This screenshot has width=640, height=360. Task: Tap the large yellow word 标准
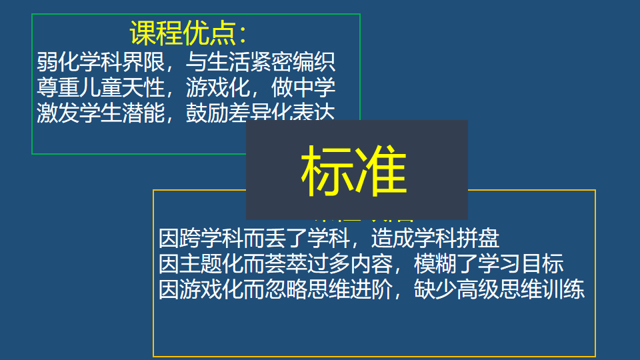[353, 171]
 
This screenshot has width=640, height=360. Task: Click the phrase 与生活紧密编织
[261, 64]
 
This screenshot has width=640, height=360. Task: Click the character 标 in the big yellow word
[326, 171]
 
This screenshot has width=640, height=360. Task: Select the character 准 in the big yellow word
[381, 171]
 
